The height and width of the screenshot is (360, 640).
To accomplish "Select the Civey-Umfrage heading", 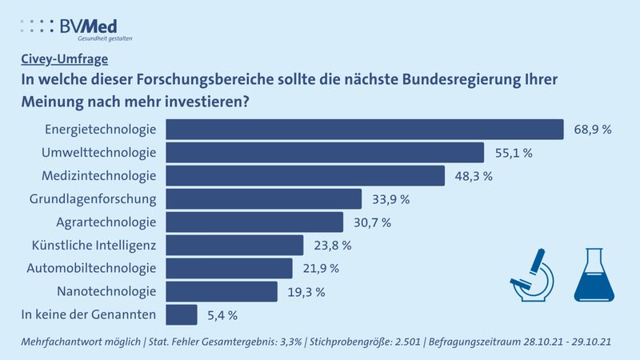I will [x=63, y=58].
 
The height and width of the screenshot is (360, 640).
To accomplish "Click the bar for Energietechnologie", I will [x=364, y=130].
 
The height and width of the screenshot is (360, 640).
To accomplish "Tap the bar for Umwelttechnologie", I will [x=324, y=153].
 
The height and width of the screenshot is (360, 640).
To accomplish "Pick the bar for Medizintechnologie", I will [x=305, y=175].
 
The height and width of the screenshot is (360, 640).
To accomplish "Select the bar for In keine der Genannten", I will [x=181, y=314].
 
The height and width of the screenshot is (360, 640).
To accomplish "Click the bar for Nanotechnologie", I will [x=221, y=291].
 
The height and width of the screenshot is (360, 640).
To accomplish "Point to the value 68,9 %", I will [x=592, y=130].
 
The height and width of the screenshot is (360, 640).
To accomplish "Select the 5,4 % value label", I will [x=222, y=315].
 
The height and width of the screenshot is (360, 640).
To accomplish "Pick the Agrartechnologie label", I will [x=106, y=222].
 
